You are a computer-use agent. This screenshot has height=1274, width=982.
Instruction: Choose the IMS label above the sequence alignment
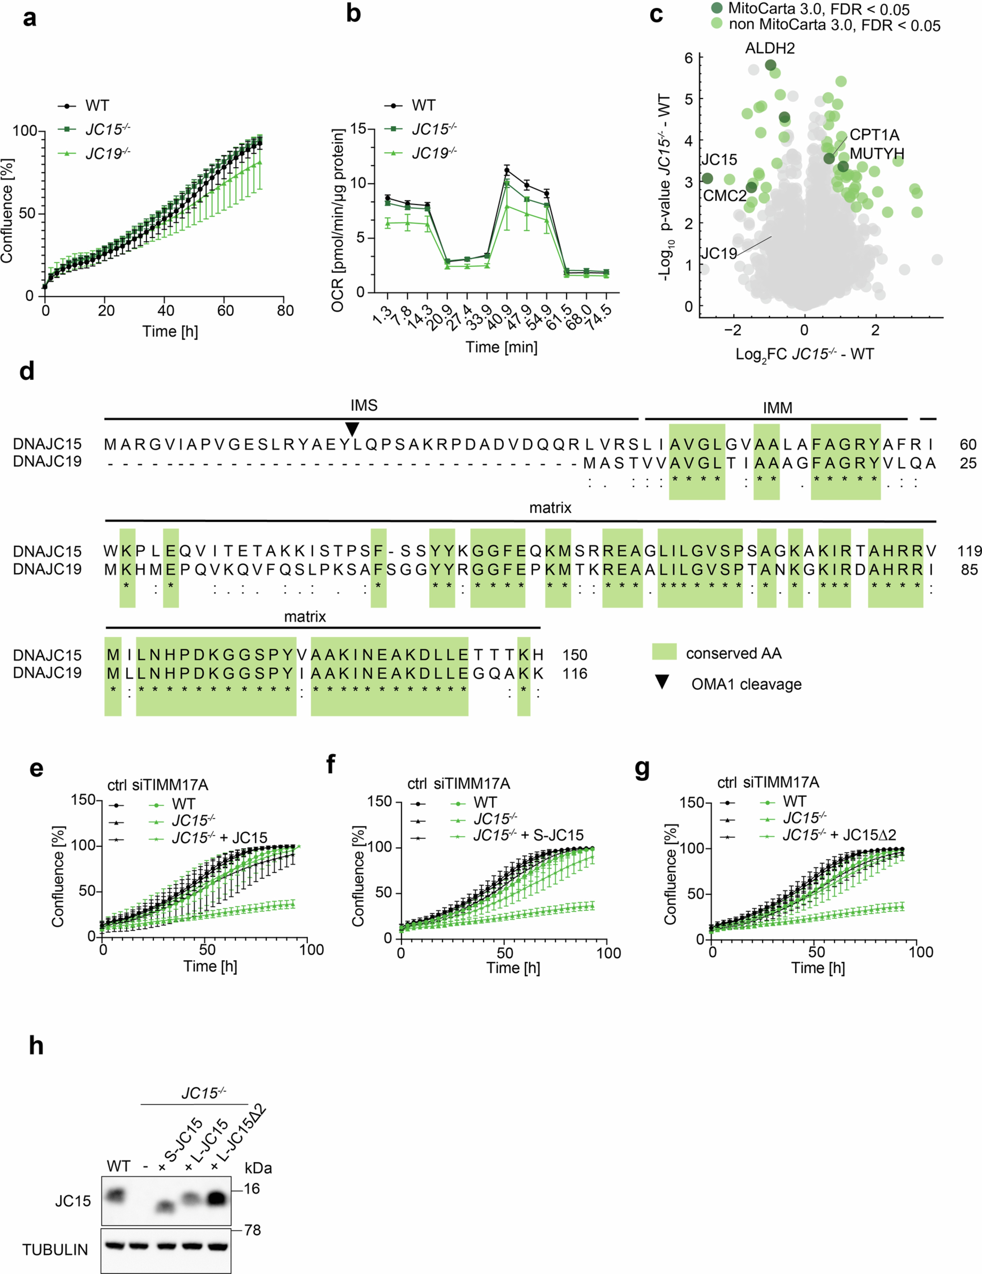364,406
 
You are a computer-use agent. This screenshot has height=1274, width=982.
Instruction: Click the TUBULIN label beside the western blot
55,1249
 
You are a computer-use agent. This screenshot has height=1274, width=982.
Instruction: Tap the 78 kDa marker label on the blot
252,1230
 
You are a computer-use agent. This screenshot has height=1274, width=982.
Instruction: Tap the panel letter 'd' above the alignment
27,371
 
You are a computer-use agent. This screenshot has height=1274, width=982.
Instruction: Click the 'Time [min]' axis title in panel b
501,347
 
